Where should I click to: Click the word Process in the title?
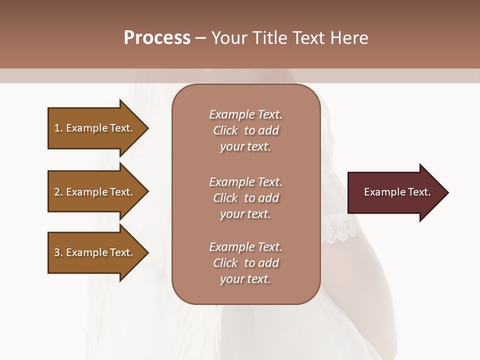click(x=157, y=38)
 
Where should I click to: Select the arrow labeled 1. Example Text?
click(x=95, y=128)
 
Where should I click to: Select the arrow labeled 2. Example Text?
click(x=95, y=192)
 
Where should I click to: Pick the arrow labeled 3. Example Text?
click(x=95, y=252)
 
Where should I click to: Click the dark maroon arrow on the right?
click(x=395, y=192)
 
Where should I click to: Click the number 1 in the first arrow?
click(x=57, y=128)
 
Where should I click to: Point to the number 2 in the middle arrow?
click(x=57, y=192)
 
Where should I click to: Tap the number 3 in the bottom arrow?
click(x=57, y=252)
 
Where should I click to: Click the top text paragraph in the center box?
click(x=245, y=130)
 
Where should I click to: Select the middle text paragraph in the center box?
click(x=245, y=198)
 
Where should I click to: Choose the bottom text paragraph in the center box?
click(x=245, y=263)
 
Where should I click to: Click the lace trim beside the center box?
click(x=340, y=229)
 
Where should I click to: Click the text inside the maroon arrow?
click(x=397, y=192)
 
